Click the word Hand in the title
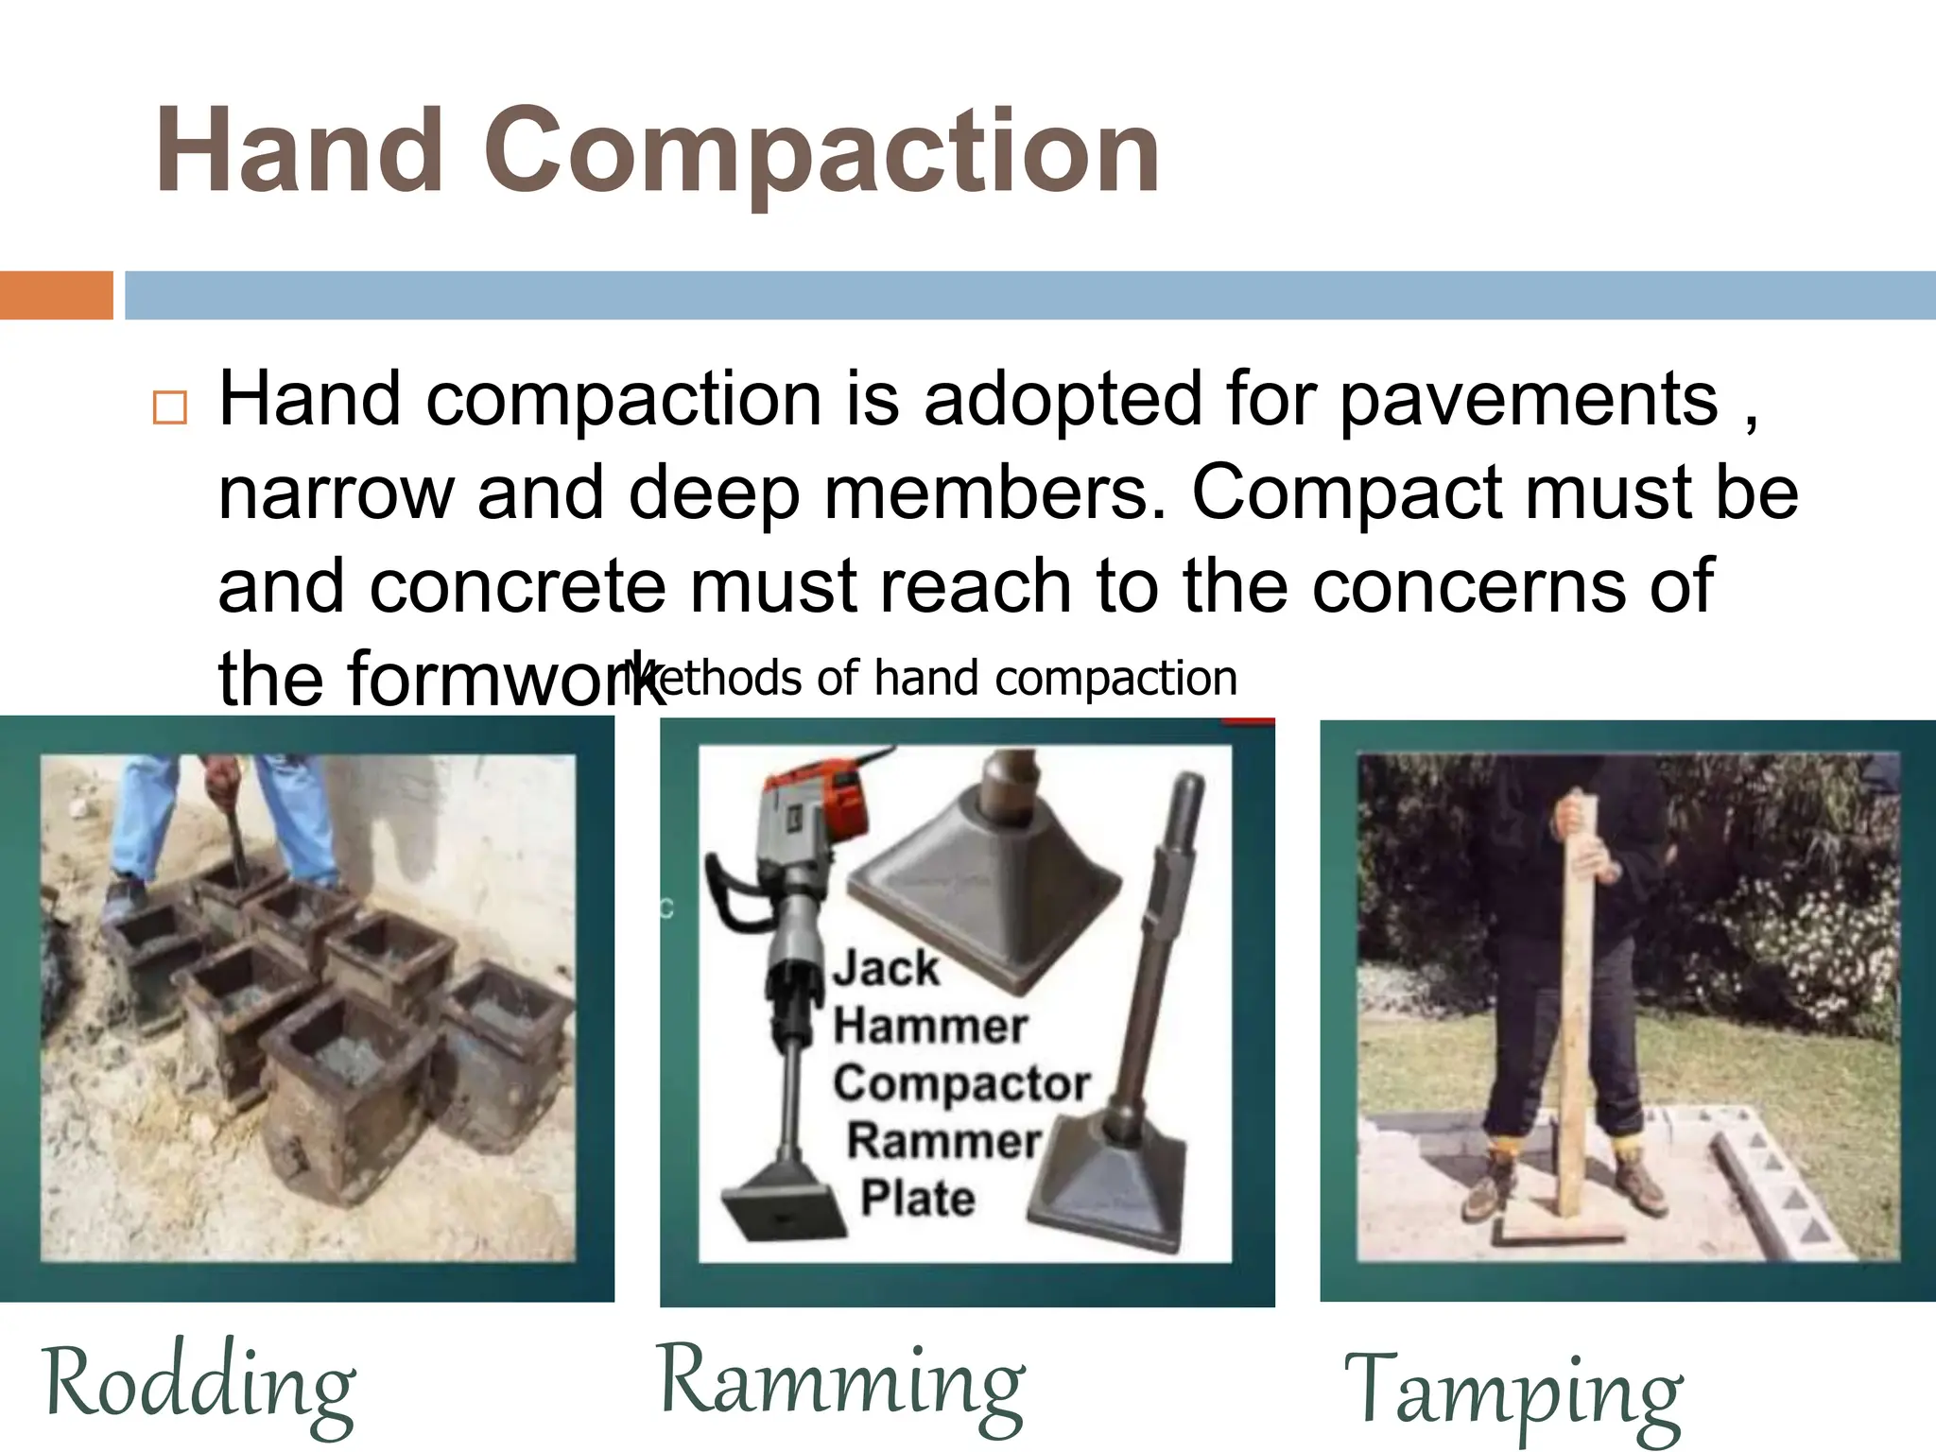coord(299,151)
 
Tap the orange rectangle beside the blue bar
coord(56,295)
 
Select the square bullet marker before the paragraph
coord(170,407)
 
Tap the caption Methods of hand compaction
coord(931,678)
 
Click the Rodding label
coord(199,1386)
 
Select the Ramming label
coord(841,1382)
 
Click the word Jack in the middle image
coord(886,968)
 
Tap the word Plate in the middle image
coord(916,1199)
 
